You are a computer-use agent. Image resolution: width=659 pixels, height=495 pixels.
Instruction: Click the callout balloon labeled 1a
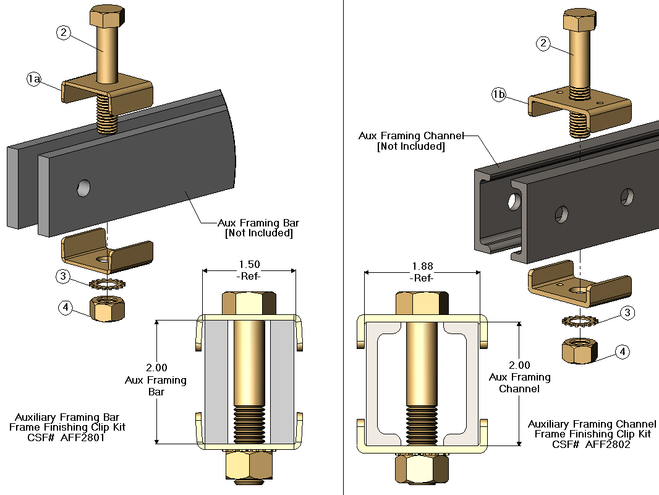point(34,79)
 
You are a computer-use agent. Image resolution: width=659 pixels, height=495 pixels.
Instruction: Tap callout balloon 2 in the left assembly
point(64,33)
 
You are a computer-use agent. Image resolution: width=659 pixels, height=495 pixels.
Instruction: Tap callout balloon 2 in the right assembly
point(543,43)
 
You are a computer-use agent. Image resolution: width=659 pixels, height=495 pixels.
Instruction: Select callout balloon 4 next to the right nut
point(624,352)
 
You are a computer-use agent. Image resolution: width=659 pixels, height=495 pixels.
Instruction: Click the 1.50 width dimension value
point(250,264)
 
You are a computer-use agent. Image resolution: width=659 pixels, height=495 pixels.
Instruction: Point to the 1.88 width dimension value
point(423,267)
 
